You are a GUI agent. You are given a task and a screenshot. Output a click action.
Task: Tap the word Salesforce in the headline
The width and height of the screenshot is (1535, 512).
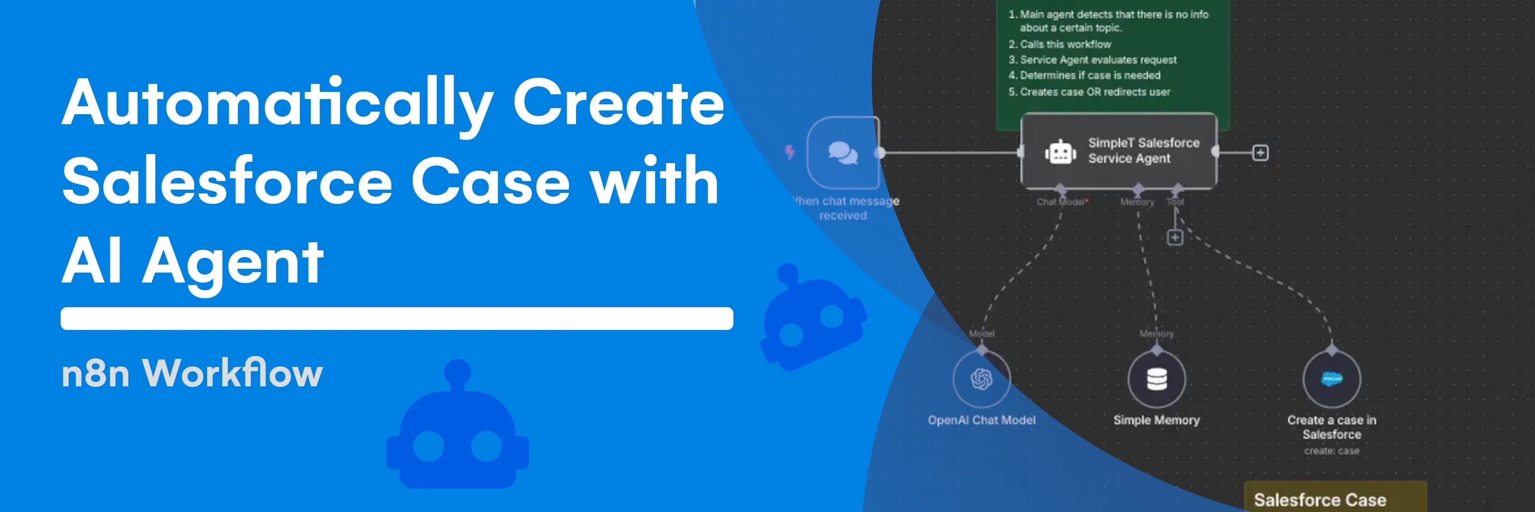(227, 182)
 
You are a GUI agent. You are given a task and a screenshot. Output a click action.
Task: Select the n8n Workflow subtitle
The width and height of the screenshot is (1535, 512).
(192, 374)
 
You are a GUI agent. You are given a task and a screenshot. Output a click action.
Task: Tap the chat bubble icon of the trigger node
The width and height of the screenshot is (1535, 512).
(842, 153)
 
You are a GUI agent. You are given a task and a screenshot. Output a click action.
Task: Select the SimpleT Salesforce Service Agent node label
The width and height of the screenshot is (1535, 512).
(1143, 151)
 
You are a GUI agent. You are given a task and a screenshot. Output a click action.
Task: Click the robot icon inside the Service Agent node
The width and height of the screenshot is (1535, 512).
(1060, 153)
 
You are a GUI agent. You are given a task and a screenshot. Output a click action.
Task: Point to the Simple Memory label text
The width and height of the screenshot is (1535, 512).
(1156, 420)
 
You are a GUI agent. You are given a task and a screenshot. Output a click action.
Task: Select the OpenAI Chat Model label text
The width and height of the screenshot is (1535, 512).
(982, 420)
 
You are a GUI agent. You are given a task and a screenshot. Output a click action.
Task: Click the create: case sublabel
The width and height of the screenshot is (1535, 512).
(1331, 451)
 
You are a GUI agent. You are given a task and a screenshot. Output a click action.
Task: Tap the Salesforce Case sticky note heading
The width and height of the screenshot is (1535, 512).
(1319, 500)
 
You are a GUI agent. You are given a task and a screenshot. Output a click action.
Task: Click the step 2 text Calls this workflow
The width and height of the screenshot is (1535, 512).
(1065, 44)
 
